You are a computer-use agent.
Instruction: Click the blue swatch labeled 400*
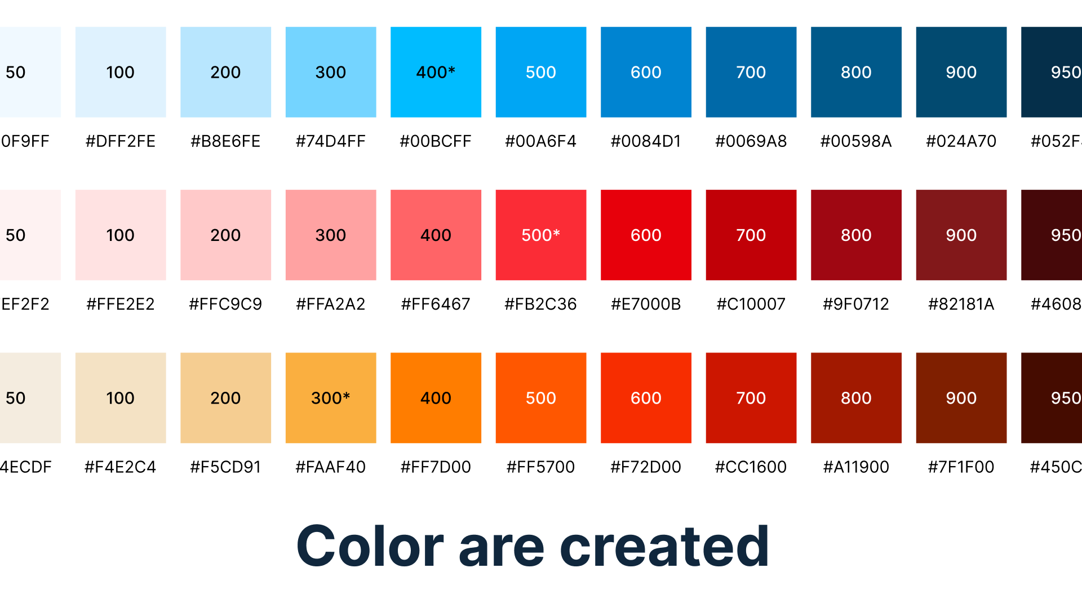[x=436, y=72]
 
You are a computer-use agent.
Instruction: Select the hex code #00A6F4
[x=540, y=141]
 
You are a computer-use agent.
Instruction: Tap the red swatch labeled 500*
[x=540, y=235]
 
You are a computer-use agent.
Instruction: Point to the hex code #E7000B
[x=646, y=304]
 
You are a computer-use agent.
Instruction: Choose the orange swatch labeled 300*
[x=331, y=398]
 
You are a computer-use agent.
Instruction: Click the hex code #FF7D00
[x=436, y=467]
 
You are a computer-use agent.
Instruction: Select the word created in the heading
[x=664, y=547]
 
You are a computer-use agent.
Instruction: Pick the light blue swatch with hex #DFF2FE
[x=121, y=72]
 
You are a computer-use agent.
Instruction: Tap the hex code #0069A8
[x=751, y=141]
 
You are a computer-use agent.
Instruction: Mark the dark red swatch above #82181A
[x=961, y=235]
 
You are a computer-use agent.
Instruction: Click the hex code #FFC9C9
[x=225, y=304]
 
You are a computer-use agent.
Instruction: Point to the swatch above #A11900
[x=856, y=398]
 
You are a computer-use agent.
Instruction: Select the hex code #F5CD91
[x=225, y=467]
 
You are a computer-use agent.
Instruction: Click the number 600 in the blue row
[x=646, y=72]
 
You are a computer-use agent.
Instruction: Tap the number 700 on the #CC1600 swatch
[x=751, y=398]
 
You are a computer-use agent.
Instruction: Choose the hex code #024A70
[x=961, y=141]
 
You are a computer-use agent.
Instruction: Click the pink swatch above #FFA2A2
[x=331, y=235]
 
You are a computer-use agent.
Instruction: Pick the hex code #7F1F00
[x=961, y=467]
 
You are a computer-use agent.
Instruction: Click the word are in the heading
[x=502, y=549]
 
